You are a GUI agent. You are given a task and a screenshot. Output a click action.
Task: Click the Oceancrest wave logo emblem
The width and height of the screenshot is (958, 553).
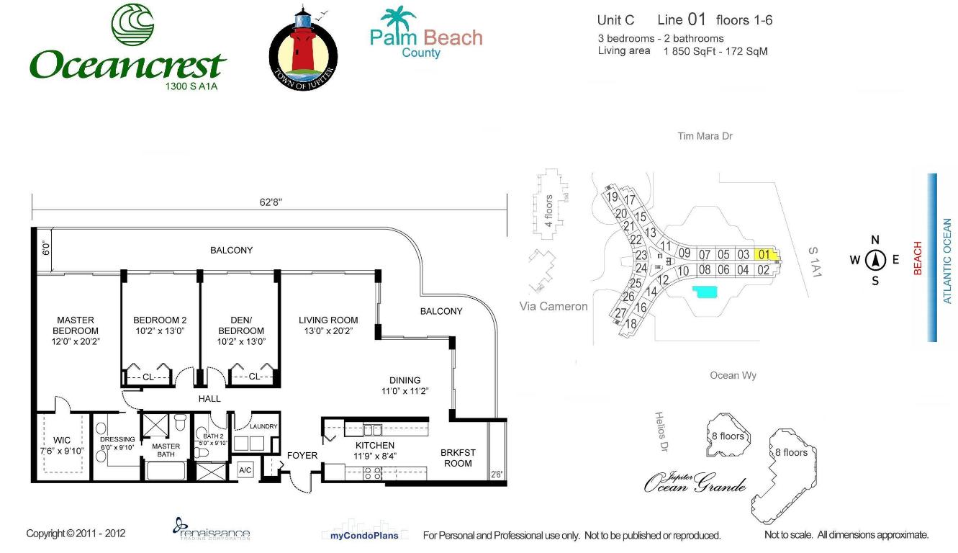click(132, 24)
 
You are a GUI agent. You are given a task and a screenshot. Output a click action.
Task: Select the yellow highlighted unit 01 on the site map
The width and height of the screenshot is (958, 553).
click(764, 254)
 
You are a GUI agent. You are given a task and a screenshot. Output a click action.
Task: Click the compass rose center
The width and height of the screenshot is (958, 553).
click(875, 260)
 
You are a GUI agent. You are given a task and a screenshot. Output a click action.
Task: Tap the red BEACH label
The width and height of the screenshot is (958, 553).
click(918, 258)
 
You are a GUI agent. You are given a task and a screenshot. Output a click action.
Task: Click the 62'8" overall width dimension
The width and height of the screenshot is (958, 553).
click(271, 202)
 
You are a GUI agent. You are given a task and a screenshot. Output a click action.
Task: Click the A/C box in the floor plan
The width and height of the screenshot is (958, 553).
click(245, 470)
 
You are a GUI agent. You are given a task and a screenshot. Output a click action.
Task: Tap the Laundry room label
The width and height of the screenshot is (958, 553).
click(263, 426)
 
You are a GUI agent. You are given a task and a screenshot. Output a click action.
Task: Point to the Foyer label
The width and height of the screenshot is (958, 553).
click(302, 455)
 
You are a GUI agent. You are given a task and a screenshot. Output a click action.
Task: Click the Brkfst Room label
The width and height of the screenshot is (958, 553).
click(458, 458)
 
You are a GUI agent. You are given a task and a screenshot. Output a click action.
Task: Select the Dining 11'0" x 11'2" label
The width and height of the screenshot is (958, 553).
click(405, 386)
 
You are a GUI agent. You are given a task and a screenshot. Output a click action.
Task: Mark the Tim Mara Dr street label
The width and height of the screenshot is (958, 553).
click(705, 136)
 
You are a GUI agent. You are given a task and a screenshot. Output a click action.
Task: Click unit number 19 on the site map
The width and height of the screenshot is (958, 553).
click(613, 197)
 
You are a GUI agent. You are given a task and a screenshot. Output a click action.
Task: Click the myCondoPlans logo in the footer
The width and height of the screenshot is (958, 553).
click(359, 535)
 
